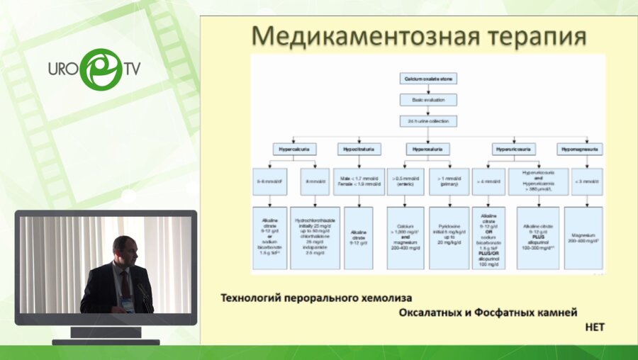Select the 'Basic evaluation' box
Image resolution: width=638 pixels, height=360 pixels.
[427, 100]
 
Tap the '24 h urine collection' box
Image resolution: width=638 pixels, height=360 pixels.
[427, 121]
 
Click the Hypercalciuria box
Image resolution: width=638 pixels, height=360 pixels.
[294, 149]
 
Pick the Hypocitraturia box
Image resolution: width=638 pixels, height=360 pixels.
[360, 149]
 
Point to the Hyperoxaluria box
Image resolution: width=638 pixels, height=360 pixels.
[427, 149]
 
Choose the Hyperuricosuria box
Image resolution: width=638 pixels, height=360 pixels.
[515, 149]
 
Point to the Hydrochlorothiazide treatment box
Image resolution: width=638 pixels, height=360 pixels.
[317, 237]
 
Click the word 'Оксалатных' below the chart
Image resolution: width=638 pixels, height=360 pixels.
[433, 313]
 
